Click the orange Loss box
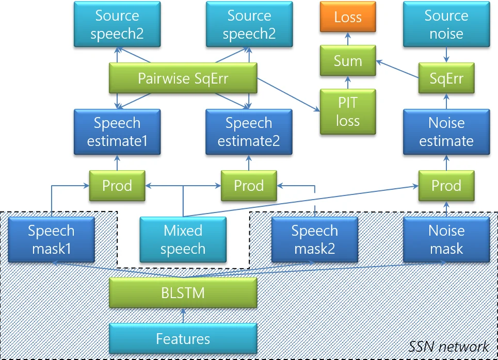point(348,17)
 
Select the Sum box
point(348,61)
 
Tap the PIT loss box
point(348,112)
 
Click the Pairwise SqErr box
point(183,79)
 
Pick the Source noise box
point(446,24)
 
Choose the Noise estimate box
point(446,132)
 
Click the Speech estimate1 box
point(117,132)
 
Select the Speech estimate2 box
point(249,132)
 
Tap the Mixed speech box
point(183,239)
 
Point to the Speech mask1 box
point(51,239)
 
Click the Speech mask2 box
point(314,239)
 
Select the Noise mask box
point(446,239)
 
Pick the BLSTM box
point(183,293)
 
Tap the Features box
point(183,339)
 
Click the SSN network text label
point(448,347)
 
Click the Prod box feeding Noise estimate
point(446,186)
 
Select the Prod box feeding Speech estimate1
point(117,186)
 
